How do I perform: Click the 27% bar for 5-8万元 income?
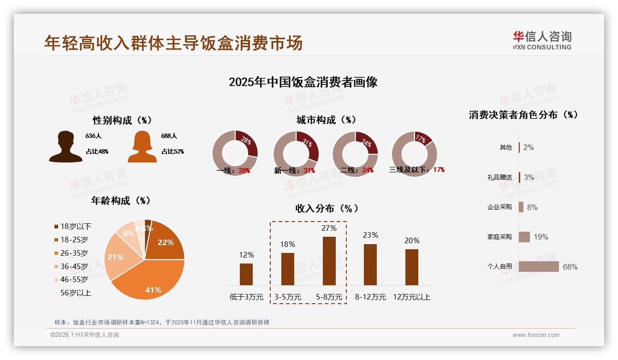tap(329, 261)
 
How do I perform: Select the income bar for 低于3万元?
tap(246, 274)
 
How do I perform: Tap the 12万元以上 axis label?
tap(411, 297)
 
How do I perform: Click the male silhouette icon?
tap(66, 147)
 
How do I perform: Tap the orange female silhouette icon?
tap(142, 147)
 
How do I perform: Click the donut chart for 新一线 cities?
tap(296, 154)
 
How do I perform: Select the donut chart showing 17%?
tap(414, 154)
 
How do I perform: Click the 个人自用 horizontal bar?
tap(539, 267)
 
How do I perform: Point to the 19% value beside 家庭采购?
tap(541, 237)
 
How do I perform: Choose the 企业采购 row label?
tap(499, 207)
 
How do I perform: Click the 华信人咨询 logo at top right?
tap(542, 40)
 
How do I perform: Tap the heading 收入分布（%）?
tap(327, 208)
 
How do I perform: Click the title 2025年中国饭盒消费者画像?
tap(303, 82)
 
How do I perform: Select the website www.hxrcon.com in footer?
tap(536, 335)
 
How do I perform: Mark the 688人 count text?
tap(169, 136)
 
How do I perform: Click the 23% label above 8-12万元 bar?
tap(370, 235)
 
